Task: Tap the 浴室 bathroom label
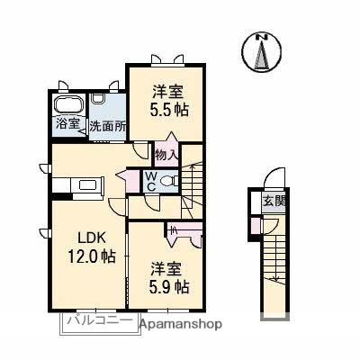(x=68, y=123)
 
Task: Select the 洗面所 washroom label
(x=105, y=126)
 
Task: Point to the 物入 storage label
(x=166, y=153)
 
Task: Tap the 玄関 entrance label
(x=271, y=202)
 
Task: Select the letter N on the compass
(x=262, y=36)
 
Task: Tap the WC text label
(x=151, y=179)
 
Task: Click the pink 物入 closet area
(x=166, y=148)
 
